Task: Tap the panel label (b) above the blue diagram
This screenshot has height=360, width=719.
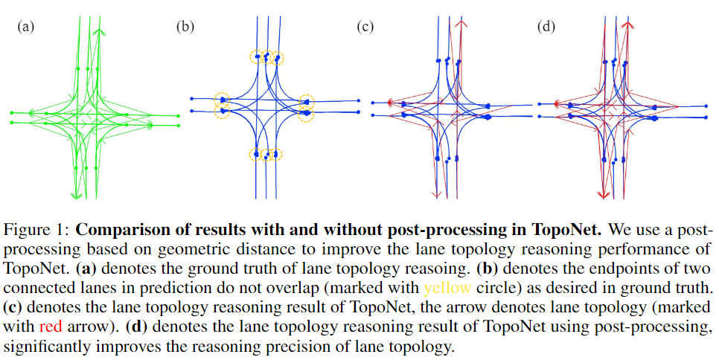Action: pyautogui.click(x=184, y=28)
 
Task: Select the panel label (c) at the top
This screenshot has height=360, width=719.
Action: pyautogui.click(x=365, y=28)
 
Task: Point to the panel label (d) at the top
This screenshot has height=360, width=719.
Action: pyautogui.click(x=546, y=28)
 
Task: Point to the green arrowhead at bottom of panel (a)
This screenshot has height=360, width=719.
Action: pyautogui.click(x=75, y=196)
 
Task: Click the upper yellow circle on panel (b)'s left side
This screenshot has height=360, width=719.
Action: pyautogui.click(x=223, y=99)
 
